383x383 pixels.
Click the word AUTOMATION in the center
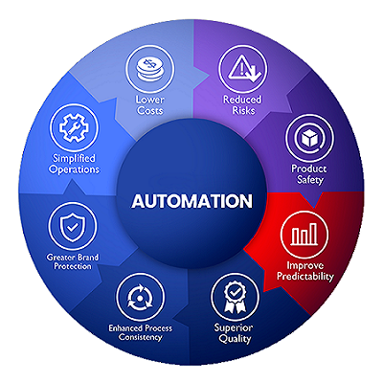click(192, 201)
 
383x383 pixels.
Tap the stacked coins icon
click(149, 69)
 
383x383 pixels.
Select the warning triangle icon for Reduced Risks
click(243, 69)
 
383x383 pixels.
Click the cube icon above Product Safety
click(309, 139)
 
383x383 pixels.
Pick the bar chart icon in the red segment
click(304, 235)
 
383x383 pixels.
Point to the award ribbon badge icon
click(235, 297)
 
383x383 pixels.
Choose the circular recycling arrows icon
click(140, 297)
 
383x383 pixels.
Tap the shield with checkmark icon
click(73, 226)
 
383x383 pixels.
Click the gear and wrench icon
click(74, 127)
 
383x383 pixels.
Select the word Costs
click(149, 111)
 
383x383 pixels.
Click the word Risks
click(243, 110)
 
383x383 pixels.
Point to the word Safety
click(310, 179)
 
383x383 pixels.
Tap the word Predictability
click(304, 276)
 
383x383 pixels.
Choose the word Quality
click(235, 339)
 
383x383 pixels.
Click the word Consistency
click(140, 337)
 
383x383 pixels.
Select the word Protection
click(73, 266)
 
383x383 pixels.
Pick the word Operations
click(74, 169)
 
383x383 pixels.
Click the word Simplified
click(74, 158)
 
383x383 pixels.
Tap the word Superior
click(234, 327)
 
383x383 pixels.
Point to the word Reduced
click(242, 100)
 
